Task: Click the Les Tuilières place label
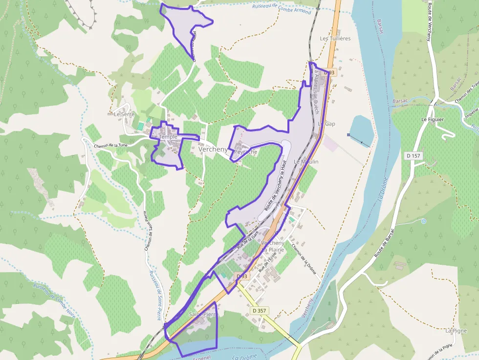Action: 335,38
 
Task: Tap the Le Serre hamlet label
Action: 124,114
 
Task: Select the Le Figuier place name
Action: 432,119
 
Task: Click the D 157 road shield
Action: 414,156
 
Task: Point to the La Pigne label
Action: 456,331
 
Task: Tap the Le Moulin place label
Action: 306,162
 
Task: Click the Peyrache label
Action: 245,152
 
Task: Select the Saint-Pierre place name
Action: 202,314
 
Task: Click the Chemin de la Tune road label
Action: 111,145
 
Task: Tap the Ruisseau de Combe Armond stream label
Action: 282,8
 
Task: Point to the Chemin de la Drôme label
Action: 304,259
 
